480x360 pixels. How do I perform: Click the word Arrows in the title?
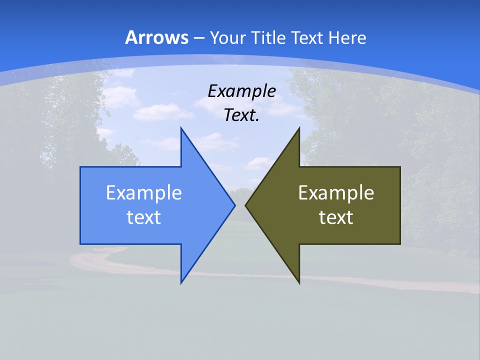pyautogui.click(x=156, y=37)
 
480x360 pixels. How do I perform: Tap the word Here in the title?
pyautogui.click(x=348, y=37)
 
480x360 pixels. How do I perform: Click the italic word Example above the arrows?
pyautogui.click(x=241, y=91)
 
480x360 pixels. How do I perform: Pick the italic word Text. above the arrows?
pyautogui.click(x=241, y=115)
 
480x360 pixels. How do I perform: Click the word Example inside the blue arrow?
pyautogui.click(x=144, y=192)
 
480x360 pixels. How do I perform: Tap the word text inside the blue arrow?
pyautogui.click(x=144, y=217)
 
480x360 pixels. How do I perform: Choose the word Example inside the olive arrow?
pyautogui.click(x=336, y=192)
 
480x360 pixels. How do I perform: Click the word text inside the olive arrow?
pyautogui.click(x=336, y=217)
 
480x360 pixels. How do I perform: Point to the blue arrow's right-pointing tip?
pyautogui.click(x=234, y=205)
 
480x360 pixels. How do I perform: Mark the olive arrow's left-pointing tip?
pyautogui.click(x=245, y=205)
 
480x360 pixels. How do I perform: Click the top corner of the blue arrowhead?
pyautogui.click(x=181, y=128)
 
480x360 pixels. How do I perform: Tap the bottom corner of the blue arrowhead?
pyautogui.click(x=181, y=283)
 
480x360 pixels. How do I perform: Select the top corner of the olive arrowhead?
pyautogui.click(x=299, y=128)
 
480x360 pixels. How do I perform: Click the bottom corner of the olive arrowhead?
pyautogui.click(x=299, y=283)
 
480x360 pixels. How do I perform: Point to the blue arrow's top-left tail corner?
pyautogui.click(x=80, y=167)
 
